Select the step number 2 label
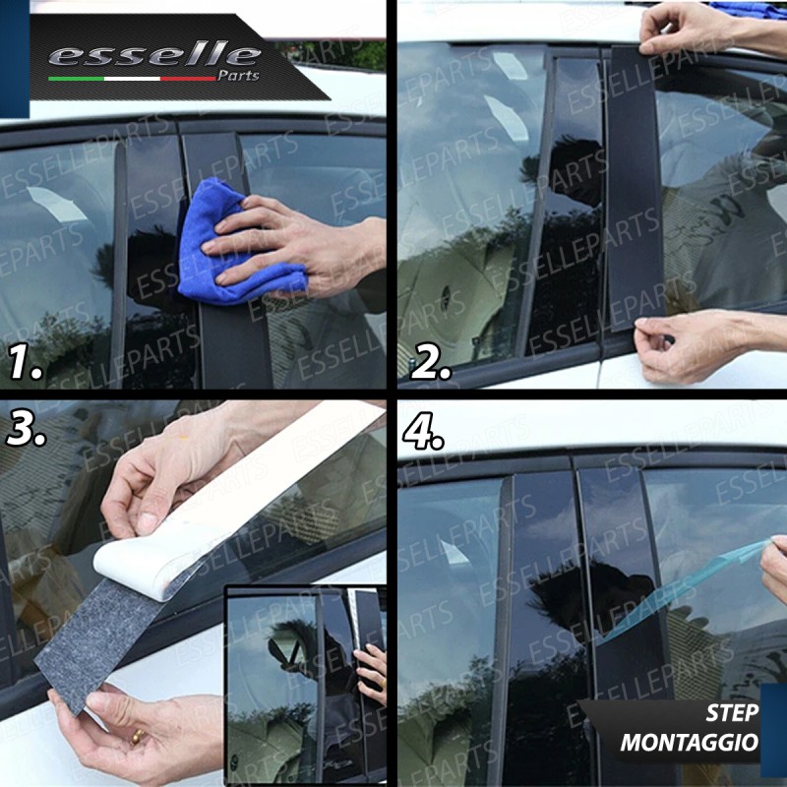431,361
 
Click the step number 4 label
423,431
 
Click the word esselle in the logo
154,55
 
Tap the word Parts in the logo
238,76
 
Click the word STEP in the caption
732,712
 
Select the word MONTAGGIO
690,743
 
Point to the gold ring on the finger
136,737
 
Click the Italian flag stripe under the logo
132,79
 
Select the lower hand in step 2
702,343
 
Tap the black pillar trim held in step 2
634,188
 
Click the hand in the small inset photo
372,673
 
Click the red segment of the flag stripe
188,79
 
